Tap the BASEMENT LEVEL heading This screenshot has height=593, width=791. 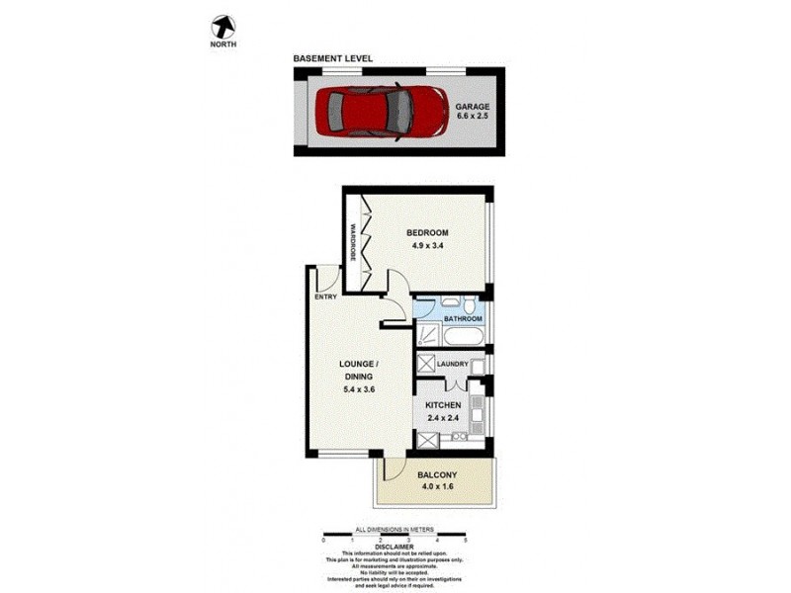click(332, 59)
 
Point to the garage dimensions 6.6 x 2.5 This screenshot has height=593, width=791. click(473, 117)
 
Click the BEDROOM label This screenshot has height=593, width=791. click(427, 233)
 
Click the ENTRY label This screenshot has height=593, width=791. click(326, 296)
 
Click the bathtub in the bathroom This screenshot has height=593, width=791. click(461, 337)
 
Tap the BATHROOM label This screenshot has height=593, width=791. click(462, 319)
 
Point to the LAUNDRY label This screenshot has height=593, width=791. click(452, 364)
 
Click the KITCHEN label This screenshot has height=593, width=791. click(442, 406)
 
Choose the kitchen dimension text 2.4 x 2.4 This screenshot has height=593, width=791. click(442, 419)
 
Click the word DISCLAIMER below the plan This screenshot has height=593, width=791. click(395, 546)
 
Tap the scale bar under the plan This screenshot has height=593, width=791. click(395, 537)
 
